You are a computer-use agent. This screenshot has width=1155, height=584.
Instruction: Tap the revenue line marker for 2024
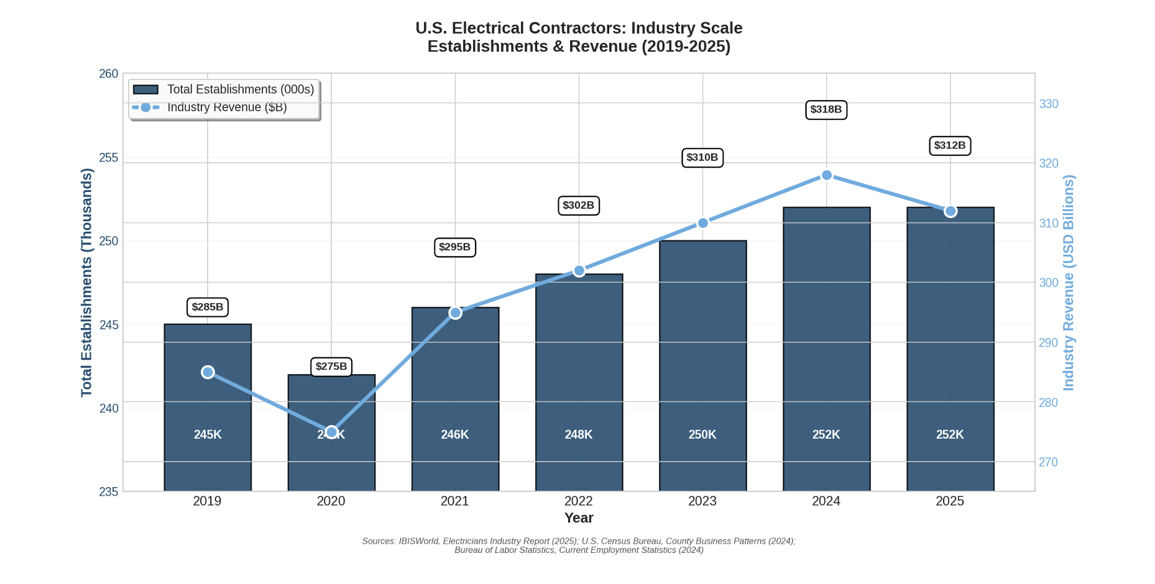pos(826,175)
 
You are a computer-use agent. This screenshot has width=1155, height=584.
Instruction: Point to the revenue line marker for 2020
pos(331,432)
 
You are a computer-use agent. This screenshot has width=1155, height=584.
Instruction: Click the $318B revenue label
pos(826,109)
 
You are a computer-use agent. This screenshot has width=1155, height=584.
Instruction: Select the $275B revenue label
pos(331,367)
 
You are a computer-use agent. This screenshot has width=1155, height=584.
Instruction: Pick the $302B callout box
pos(578,205)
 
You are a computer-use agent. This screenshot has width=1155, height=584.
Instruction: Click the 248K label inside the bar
pos(578,435)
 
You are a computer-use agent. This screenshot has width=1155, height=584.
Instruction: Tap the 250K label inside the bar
pos(702,435)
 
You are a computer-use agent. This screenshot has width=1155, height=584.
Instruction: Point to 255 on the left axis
pos(108,158)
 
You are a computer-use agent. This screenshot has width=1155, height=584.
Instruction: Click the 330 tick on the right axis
pos(1049,104)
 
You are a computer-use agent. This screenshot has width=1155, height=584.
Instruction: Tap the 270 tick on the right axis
pos(1048,462)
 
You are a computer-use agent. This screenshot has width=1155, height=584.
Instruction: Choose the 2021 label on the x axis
pos(454,501)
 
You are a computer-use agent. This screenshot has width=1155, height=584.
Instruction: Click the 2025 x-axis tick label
pos(949,501)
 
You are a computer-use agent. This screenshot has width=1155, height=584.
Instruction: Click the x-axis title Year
pos(578,518)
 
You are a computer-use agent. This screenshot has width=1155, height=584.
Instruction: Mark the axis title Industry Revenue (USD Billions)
pos(1068,283)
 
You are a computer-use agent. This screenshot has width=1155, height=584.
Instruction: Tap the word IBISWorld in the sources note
pos(418,541)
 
